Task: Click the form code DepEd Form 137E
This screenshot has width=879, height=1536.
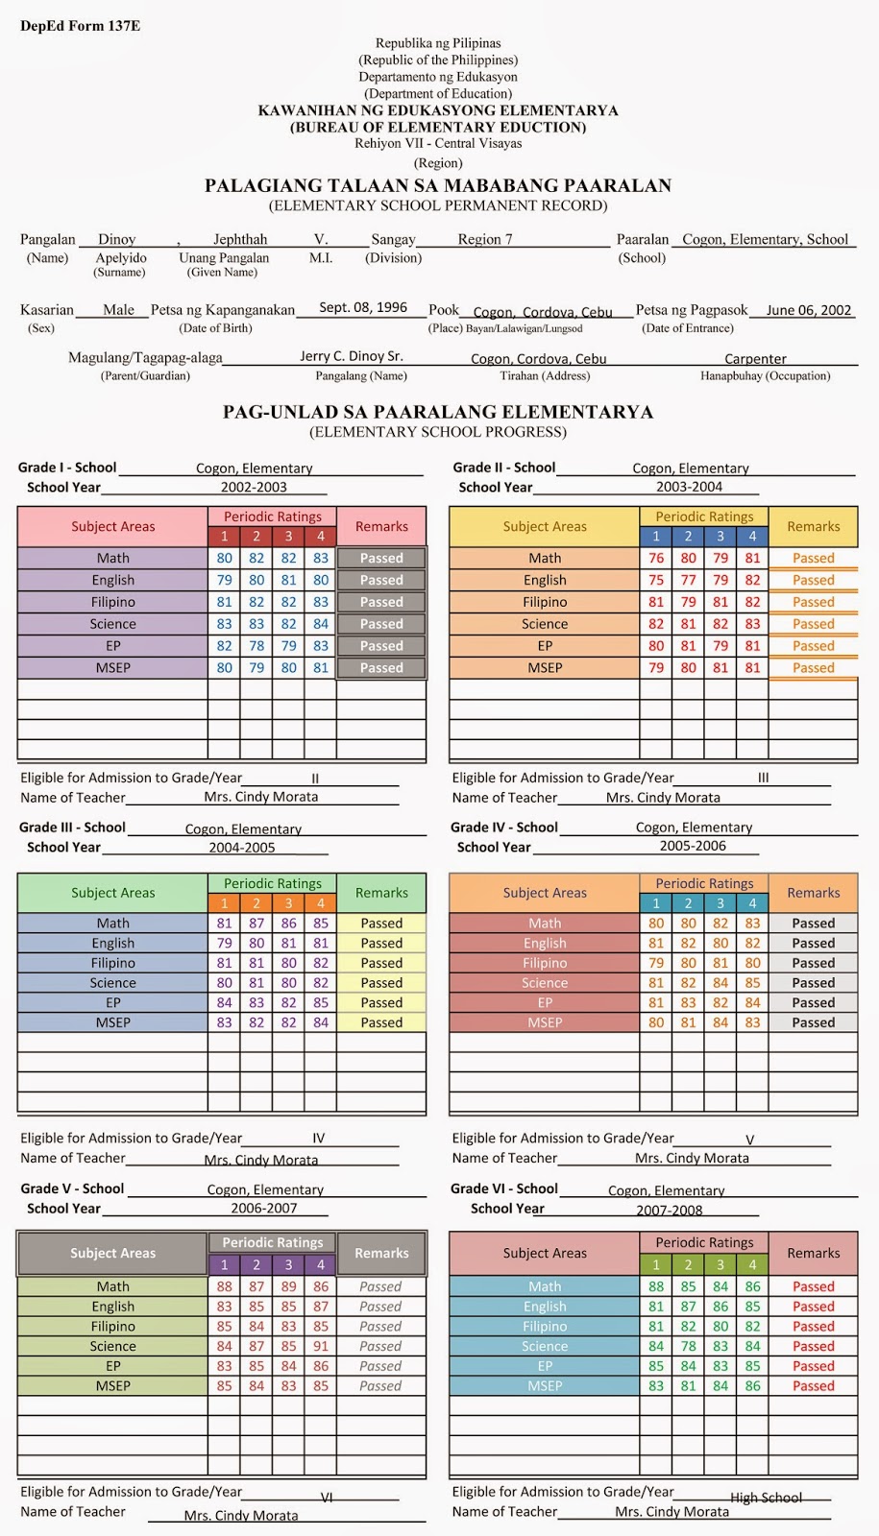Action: [80, 26]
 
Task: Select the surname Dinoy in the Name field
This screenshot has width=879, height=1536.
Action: [117, 239]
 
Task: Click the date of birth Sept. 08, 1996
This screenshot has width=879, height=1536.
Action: [363, 307]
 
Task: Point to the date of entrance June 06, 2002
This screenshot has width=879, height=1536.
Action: [809, 310]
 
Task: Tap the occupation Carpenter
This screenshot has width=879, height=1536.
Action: [755, 359]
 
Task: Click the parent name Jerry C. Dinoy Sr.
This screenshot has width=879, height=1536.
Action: [351, 356]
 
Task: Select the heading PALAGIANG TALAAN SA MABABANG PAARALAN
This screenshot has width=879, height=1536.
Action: [438, 186]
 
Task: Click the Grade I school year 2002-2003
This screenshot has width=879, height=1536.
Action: [254, 487]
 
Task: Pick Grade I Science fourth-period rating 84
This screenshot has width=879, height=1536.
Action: [321, 624]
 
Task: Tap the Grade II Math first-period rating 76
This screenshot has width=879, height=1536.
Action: [656, 558]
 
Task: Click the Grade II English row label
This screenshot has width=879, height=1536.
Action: [545, 580]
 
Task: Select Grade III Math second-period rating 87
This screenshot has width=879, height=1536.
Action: [256, 923]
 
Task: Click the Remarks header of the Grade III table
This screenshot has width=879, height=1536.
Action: [381, 893]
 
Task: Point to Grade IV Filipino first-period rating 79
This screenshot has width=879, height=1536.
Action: [656, 963]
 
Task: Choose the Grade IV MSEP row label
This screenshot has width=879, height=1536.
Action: [545, 1022]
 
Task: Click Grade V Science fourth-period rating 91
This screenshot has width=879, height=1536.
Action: [321, 1346]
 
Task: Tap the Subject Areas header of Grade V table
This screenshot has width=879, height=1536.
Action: [112, 1253]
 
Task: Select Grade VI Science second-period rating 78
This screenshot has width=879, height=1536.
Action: [689, 1346]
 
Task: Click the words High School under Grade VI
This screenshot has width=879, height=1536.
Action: [766, 1498]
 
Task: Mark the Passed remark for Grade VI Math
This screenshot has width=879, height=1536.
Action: [814, 1286]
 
